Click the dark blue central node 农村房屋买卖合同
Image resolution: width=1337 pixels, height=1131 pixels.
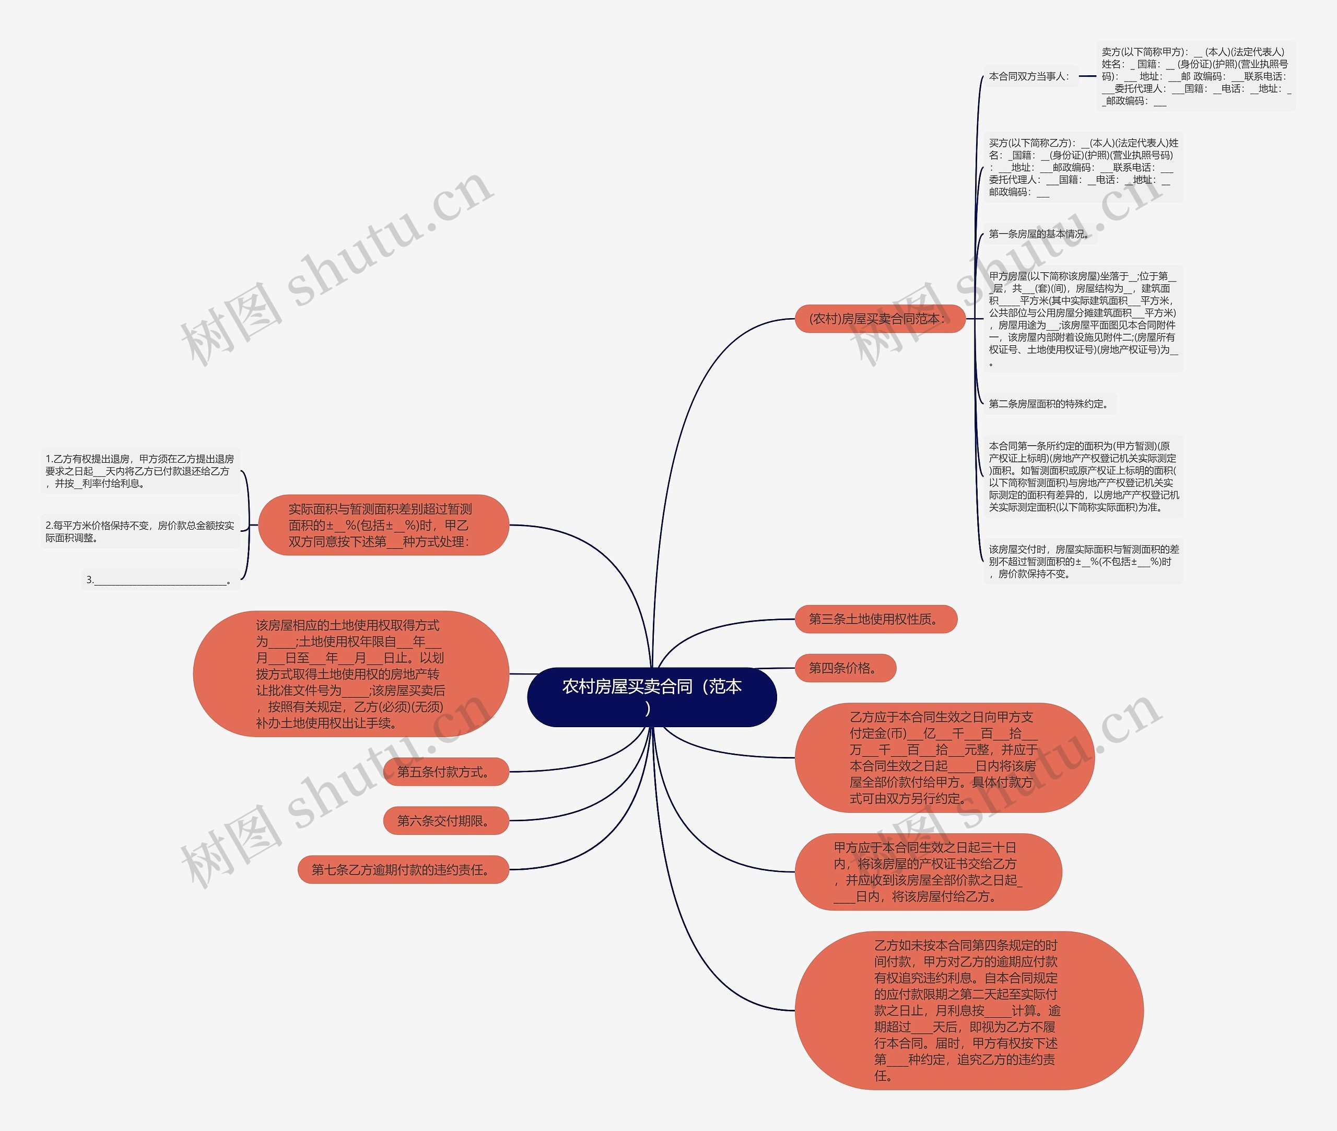click(651, 696)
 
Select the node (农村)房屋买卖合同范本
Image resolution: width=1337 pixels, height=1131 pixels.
click(879, 319)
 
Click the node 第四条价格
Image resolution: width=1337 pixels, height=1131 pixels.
click(845, 668)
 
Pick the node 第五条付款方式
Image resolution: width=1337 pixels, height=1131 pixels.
click(445, 772)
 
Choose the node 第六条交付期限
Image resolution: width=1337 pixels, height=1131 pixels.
click(445, 821)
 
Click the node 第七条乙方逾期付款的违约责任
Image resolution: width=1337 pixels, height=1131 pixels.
click(403, 870)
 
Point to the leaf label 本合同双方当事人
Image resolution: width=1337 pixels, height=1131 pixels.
click(1029, 76)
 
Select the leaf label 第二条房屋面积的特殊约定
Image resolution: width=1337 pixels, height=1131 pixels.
click(1049, 404)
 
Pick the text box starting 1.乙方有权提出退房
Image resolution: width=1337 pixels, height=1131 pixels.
click(140, 471)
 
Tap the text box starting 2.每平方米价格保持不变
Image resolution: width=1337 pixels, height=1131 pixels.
click(140, 531)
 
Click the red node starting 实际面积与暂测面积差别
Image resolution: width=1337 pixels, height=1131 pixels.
click(383, 525)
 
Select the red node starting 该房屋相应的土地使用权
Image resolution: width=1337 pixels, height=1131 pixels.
click(350, 674)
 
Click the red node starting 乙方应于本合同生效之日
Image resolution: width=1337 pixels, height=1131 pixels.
click(943, 758)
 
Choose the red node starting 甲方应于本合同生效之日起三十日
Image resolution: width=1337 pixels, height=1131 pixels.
click(928, 872)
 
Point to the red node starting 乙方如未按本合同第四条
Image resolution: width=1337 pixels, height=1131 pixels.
click(968, 1010)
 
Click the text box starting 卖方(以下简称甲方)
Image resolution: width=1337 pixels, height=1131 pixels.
click(1195, 76)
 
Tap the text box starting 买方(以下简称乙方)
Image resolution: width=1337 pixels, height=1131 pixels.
click(1083, 167)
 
